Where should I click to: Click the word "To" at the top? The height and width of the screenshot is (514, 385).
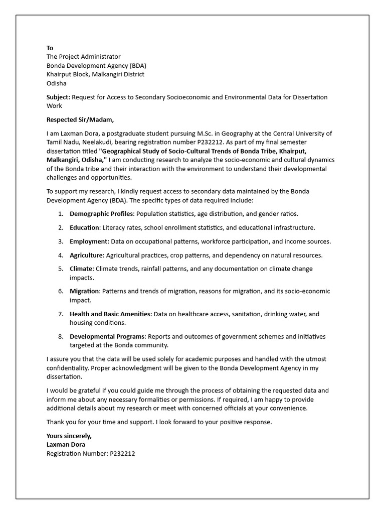(x=50, y=48)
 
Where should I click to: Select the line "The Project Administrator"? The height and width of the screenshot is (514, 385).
(x=83, y=57)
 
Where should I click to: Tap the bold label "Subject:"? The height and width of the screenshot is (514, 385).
(x=59, y=97)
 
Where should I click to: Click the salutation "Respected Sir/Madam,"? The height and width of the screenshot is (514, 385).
(x=80, y=119)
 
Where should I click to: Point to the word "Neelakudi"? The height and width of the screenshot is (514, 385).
(x=91, y=142)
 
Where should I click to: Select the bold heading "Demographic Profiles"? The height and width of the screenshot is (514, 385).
(x=102, y=214)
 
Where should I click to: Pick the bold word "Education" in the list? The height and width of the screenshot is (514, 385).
(x=85, y=227)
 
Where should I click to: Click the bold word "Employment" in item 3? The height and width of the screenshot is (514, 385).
(x=88, y=241)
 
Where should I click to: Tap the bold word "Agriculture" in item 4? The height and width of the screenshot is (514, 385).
(x=86, y=255)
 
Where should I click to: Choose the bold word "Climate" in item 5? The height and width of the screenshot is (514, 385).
(x=81, y=269)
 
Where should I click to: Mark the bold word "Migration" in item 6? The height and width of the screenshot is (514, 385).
(x=84, y=291)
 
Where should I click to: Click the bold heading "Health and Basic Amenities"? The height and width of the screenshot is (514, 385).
(x=110, y=314)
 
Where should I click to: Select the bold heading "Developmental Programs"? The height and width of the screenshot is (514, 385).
(x=107, y=336)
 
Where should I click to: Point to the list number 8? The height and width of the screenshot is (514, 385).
(x=60, y=336)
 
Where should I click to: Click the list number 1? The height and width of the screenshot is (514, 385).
(x=60, y=214)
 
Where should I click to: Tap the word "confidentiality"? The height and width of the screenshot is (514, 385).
(x=67, y=367)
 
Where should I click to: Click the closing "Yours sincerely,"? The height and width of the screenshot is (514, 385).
(x=69, y=436)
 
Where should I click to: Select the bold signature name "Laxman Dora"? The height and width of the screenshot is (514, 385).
(x=66, y=444)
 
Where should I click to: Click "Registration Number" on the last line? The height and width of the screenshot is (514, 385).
(x=74, y=453)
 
